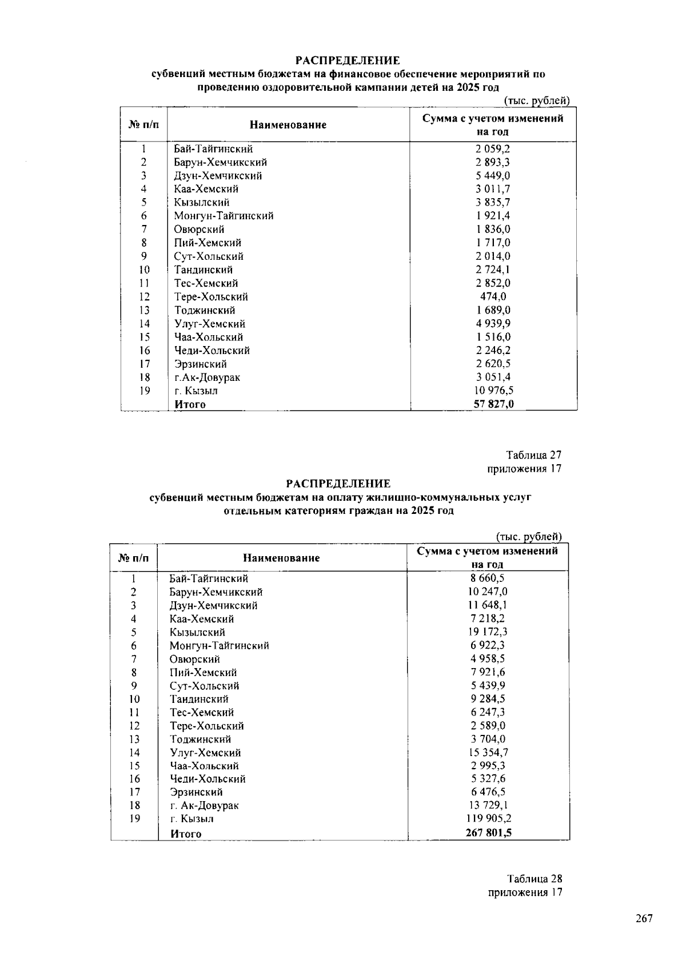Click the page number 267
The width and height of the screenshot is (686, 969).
[644, 919]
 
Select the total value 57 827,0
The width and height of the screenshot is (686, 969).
[493, 404]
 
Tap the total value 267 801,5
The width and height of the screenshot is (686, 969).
[488, 833]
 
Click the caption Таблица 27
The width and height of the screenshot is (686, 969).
[533, 455]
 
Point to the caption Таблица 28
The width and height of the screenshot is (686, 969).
[534, 879]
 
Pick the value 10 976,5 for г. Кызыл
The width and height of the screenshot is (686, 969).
[493, 391]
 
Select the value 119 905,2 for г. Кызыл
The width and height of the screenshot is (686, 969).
[488, 818]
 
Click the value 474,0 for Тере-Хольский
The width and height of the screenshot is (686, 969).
[493, 296]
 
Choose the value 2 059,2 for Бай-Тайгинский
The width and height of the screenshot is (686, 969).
[493, 148]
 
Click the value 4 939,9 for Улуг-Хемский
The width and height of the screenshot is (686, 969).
[493, 324]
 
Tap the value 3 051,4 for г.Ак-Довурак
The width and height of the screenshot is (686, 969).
[493, 377]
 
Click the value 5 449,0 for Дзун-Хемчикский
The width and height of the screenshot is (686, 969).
[493, 175]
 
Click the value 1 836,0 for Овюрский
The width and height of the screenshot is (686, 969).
[493, 229]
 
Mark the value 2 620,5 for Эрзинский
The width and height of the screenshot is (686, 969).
[493, 364]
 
